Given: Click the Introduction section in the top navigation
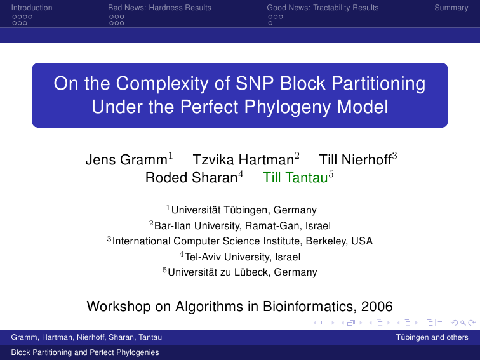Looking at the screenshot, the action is point(32,8).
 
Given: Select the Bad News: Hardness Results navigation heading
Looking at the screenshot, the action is point(159,8).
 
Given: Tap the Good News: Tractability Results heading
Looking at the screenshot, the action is point(323,8).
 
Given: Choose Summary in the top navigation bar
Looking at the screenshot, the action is point(451,8).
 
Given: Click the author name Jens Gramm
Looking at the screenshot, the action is point(126,160).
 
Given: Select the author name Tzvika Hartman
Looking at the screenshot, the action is point(243,160).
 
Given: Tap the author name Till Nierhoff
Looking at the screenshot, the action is point(355,160).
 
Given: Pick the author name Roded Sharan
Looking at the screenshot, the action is point(191,178).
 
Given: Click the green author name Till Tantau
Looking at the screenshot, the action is point(295,178).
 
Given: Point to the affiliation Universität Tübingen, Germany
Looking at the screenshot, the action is point(244,210).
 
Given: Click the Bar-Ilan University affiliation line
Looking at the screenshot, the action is point(243,226).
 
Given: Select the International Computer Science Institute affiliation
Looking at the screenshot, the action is point(243,241).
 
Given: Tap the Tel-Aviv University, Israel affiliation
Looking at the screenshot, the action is point(243,257).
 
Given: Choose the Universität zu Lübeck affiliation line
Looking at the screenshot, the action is point(243,272).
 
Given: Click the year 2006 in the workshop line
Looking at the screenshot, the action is point(377,307).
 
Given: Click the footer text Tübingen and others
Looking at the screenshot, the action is point(432,337).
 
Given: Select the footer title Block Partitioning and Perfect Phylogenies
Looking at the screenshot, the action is point(85,352).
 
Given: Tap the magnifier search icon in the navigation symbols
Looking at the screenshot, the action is point(463,323).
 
